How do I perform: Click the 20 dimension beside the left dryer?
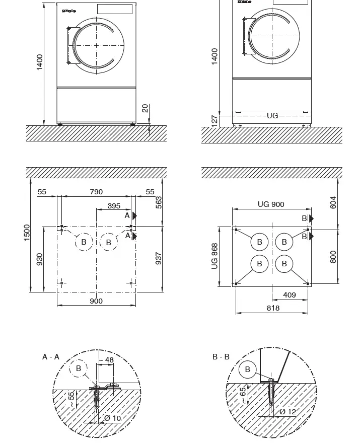(145, 109)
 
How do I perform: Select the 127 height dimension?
(214, 121)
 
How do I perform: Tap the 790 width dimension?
(96, 192)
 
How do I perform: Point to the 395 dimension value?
(114, 206)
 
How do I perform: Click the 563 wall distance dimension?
(159, 203)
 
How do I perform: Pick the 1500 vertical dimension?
(27, 233)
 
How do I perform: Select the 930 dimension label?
(39, 259)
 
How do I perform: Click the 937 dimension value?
(159, 258)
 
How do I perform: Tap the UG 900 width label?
(271, 204)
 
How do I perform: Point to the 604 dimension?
(333, 203)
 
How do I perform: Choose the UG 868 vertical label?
(215, 256)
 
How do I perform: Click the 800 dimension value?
(333, 257)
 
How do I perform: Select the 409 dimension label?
(290, 295)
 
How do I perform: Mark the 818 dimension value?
(273, 308)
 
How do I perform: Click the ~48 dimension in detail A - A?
(107, 360)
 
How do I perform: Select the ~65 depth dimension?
(243, 395)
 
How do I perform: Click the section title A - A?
(51, 357)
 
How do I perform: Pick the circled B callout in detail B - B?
(247, 369)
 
